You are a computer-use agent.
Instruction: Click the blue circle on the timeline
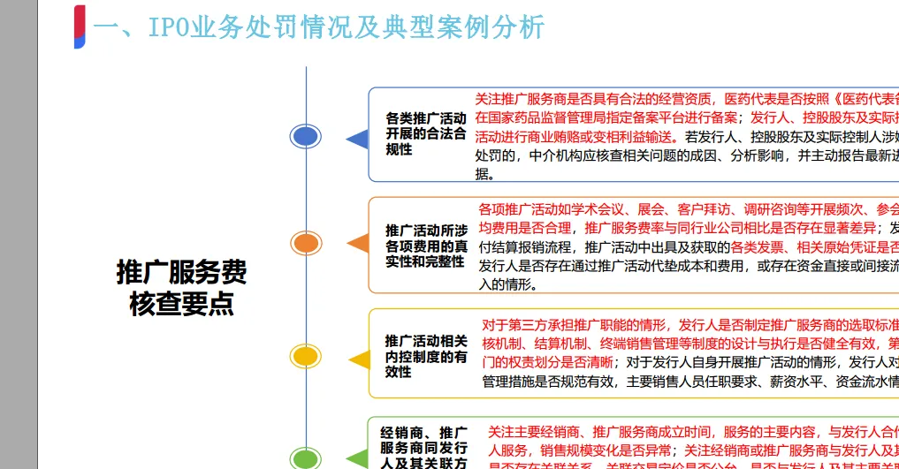[x=306, y=136]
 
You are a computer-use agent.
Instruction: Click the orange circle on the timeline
[x=306, y=243]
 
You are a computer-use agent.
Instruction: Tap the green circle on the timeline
[x=306, y=458]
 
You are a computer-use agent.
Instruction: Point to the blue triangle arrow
[x=357, y=138]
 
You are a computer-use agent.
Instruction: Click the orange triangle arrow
[x=357, y=244]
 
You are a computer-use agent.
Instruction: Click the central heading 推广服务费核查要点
[x=181, y=287]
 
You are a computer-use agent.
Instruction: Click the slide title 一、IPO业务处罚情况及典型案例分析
[x=318, y=27]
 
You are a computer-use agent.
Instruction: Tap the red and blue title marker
[x=80, y=26]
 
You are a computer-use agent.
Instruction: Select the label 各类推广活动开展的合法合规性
[x=424, y=133]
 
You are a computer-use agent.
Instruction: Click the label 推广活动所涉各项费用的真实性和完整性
[x=426, y=246]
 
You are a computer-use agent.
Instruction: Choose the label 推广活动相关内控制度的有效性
[x=425, y=356]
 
